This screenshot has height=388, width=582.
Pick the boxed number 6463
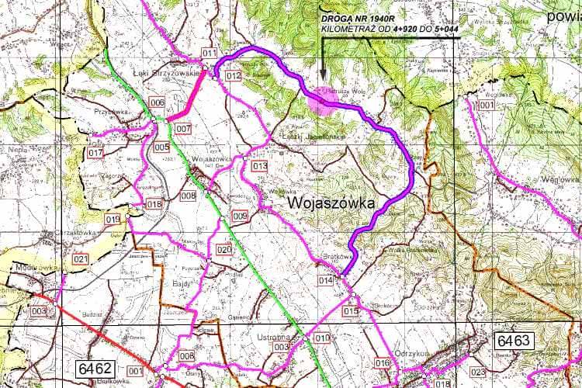[512, 340]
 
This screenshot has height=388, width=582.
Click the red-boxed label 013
[259, 165]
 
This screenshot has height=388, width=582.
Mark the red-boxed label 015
[350, 311]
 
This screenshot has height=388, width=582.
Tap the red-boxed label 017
[95, 153]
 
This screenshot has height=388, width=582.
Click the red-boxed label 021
[80, 258]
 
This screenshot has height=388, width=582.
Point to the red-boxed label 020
[224, 249]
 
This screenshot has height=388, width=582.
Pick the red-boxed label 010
[322, 338]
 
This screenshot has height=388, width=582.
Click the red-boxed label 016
[381, 363]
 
